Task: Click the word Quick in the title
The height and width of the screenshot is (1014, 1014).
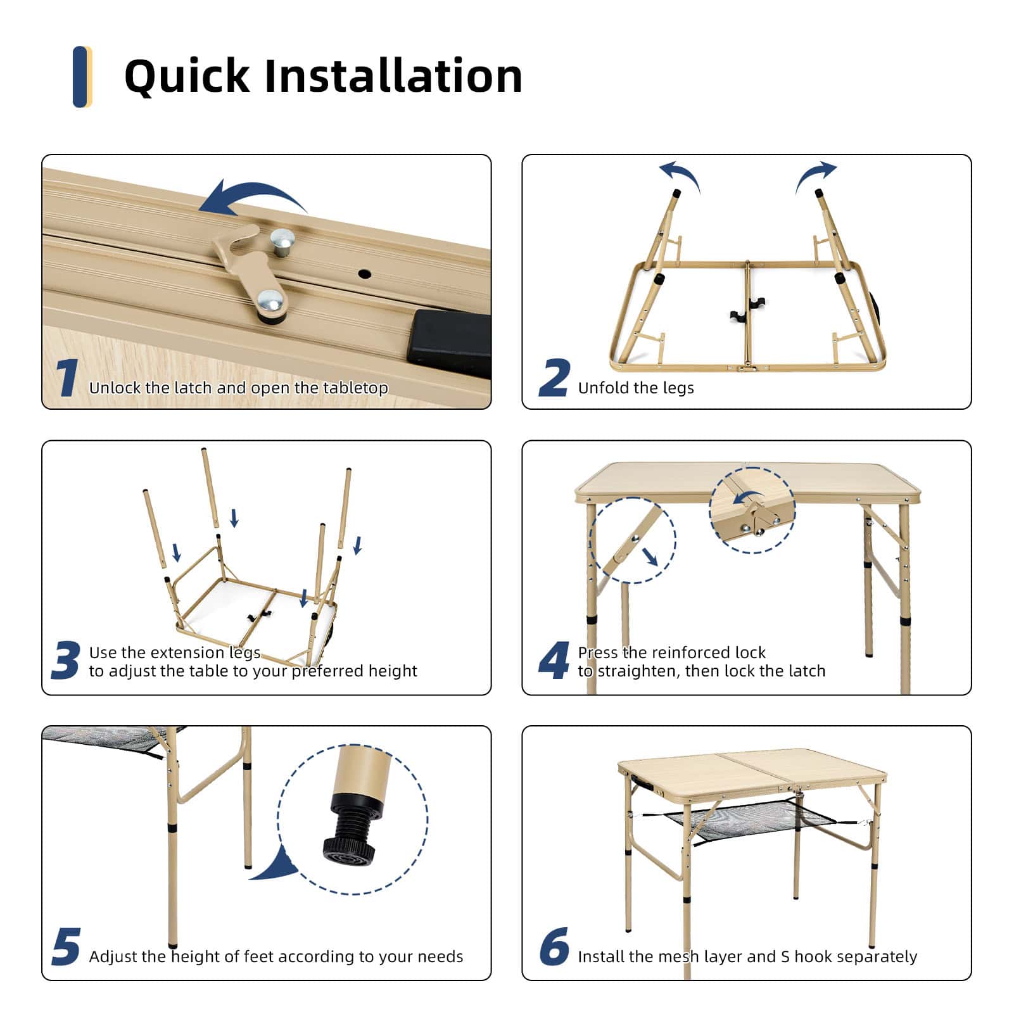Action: pyautogui.click(x=187, y=77)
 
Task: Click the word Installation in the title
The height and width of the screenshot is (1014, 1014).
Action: pyautogui.click(x=393, y=75)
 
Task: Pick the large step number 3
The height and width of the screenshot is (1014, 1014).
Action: pyautogui.click(x=66, y=661)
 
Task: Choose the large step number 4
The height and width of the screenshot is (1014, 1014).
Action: pyautogui.click(x=554, y=661)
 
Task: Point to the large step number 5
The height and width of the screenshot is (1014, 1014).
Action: pyautogui.click(x=66, y=947)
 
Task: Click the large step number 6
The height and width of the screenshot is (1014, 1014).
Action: pyautogui.click(x=554, y=947)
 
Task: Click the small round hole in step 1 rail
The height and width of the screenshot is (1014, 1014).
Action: pyautogui.click(x=364, y=274)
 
